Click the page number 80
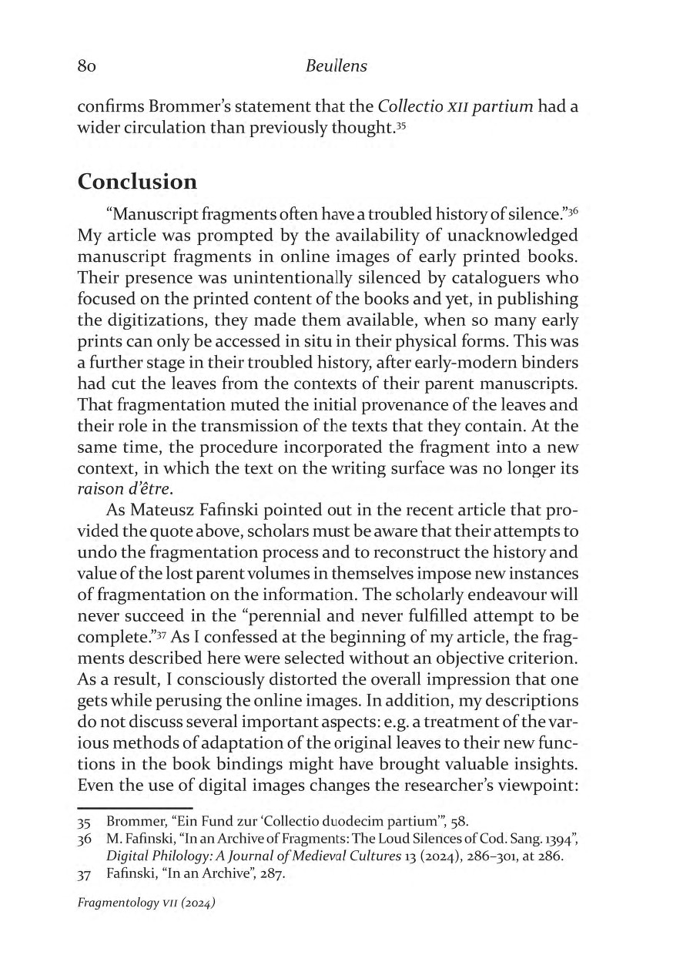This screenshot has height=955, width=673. coord(85,67)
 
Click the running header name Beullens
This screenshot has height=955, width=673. coord(336,67)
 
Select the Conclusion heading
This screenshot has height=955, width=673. coord(137,182)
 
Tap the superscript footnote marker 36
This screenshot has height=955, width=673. coord(584,210)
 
